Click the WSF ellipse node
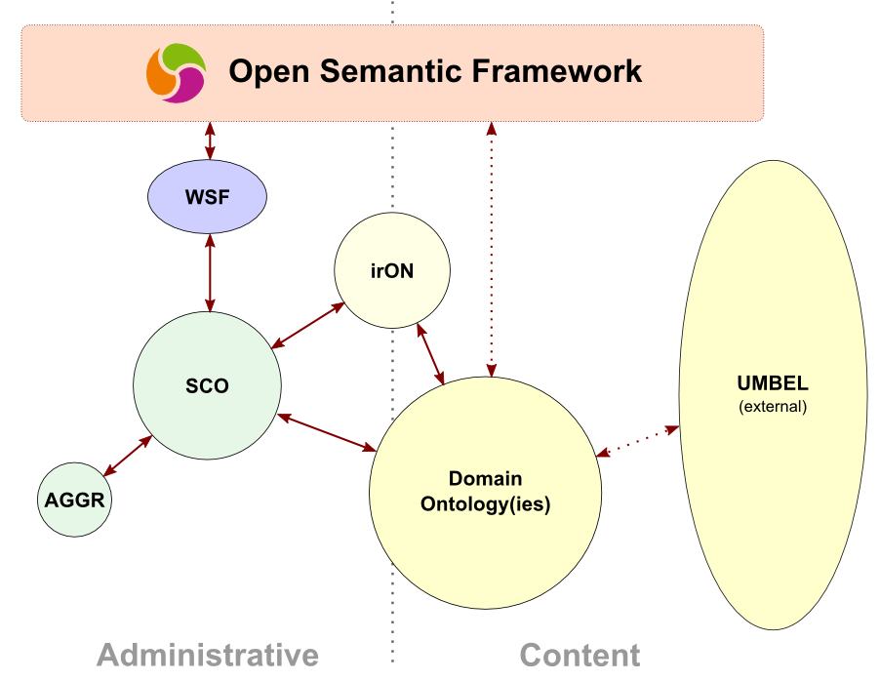[x=207, y=196]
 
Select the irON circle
[x=392, y=270]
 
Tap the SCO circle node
[x=207, y=385]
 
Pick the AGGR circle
[x=75, y=500]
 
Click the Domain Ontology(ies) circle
[x=486, y=493]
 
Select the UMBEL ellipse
[x=773, y=395]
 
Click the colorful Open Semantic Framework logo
[x=177, y=73]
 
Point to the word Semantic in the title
[x=390, y=71]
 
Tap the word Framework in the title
[x=557, y=71]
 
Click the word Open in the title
[x=269, y=72]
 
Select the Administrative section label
[x=208, y=656]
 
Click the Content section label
[x=580, y=656]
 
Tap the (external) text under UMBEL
[x=773, y=406]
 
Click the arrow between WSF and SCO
[x=210, y=273]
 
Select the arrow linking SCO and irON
[x=307, y=326]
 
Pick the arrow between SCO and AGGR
[x=128, y=456]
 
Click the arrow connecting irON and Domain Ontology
[x=430, y=354]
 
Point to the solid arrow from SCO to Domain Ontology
[x=327, y=432]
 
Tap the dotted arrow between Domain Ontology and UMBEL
[x=637, y=441]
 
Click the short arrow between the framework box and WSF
[x=210, y=140]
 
